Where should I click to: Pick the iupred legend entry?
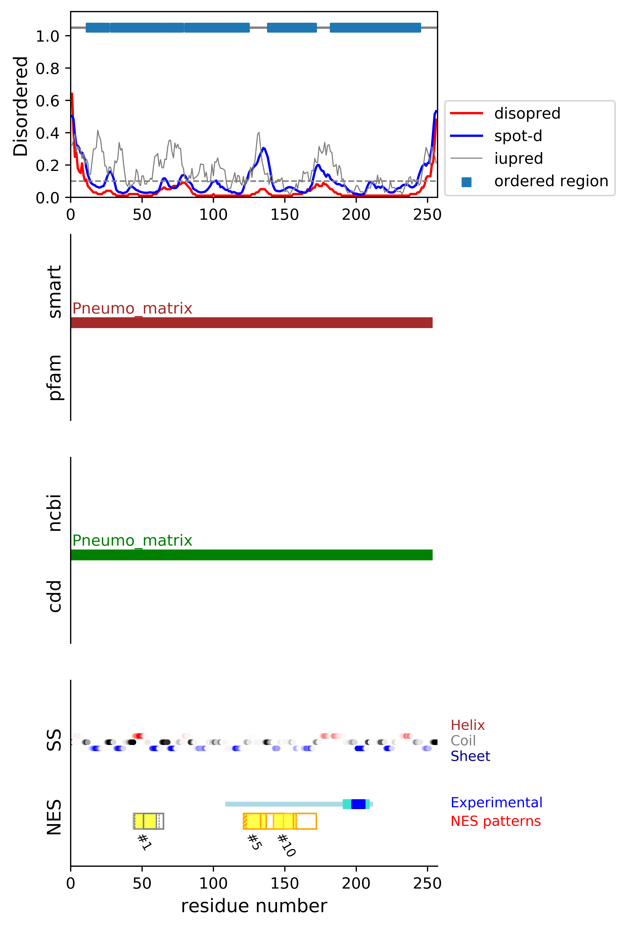click(x=518, y=158)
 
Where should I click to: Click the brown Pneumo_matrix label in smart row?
click(x=132, y=308)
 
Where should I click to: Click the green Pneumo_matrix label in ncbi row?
click(x=132, y=540)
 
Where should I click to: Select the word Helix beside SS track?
click(x=467, y=725)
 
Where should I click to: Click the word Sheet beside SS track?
click(x=470, y=756)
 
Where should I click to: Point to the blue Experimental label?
click(x=496, y=803)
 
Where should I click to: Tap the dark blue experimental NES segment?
click(x=358, y=804)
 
